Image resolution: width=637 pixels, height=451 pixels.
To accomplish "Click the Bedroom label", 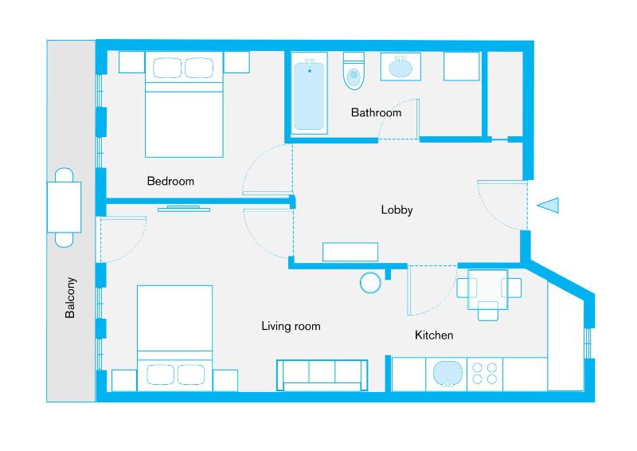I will point(170,181).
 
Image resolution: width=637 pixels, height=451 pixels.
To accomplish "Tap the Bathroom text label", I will point(376,112).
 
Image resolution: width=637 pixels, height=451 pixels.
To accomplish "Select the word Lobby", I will point(397,210).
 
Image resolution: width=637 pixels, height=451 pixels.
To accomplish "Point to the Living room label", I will point(291,326).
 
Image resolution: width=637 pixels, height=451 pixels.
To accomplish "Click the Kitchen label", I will point(434,335).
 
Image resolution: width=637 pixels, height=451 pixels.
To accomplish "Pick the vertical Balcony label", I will point(71,298).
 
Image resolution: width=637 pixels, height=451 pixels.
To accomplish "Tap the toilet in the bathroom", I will point(353,71).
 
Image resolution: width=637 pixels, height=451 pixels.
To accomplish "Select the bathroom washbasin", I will point(401,67).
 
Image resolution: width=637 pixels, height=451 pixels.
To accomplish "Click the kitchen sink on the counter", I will point(447,373).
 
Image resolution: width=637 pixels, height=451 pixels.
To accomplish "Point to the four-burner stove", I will point(485,373).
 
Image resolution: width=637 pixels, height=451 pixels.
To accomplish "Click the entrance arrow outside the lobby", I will point(548,206).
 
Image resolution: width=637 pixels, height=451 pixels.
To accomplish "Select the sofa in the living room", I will point(322,375).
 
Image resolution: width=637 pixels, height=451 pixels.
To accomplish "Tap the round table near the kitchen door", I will point(371,283).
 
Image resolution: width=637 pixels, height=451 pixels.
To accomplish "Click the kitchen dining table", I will point(487,288).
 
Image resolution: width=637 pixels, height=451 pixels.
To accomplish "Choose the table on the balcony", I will point(64,206).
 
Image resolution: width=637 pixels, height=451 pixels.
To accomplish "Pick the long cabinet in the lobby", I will point(350,252).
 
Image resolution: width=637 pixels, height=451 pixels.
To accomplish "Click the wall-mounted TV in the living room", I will point(184,209).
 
